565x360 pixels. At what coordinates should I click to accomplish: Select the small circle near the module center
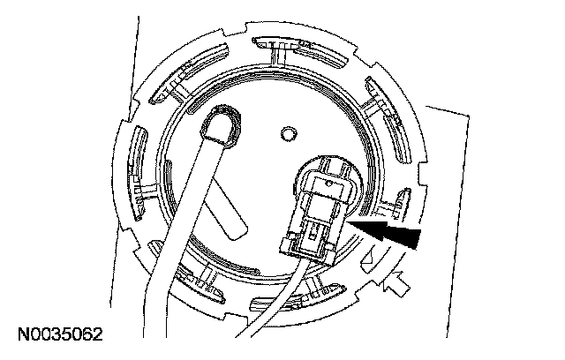pos(286,134)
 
